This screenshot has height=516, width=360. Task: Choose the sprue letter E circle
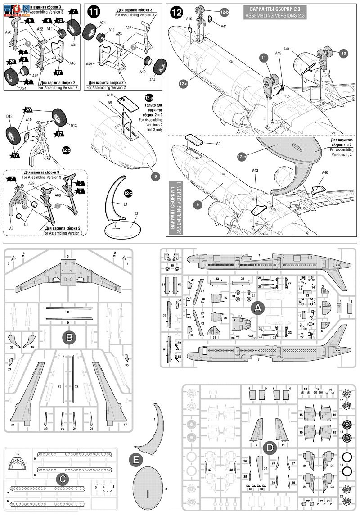tap(135, 460)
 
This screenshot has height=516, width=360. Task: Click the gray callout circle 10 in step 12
tap(344, 54)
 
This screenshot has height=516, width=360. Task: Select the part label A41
tap(224, 27)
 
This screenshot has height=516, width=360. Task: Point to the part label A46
tap(325, 172)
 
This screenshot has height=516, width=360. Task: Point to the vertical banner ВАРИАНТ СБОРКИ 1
tap(175, 208)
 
